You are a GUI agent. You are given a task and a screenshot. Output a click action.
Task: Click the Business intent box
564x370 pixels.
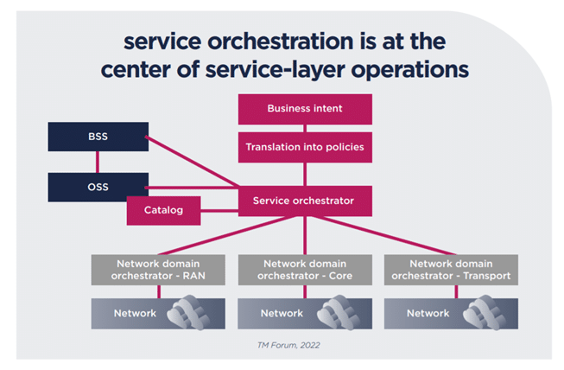pyautogui.click(x=304, y=109)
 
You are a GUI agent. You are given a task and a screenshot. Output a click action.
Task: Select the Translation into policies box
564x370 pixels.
pyautogui.click(x=304, y=147)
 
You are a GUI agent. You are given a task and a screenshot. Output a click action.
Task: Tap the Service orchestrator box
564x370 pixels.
pyautogui.click(x=304, y=201)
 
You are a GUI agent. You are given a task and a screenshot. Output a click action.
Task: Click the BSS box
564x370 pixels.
pyautogui.click(x=97, y=137)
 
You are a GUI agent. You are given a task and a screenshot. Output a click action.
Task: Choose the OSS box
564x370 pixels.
pyautogui.click(x=97, y=187)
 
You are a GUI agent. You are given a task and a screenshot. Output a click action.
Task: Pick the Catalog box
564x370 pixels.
pyautogui.click(x=163, y=210)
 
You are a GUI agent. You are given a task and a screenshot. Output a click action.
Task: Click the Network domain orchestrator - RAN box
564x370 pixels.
pyautogui.click(x=158, y=270)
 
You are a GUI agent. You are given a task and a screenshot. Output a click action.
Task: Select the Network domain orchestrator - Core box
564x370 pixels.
pyautogui.click(x=304, y=270)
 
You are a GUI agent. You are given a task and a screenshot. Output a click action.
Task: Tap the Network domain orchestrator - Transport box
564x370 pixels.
pyautogui.click(x=451, y=270)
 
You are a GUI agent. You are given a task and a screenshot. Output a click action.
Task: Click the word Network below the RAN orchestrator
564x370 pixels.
pyautogui.click(x=135, y=313)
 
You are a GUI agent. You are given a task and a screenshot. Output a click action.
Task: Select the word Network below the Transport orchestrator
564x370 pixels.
pyautogui.click(x=428, y=313)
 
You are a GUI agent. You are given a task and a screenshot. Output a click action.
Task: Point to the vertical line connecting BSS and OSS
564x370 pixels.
pyautogui.click(x=97, y=163)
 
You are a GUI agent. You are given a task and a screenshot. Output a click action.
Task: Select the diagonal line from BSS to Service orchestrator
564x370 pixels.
pyautogui.click(x=192, y=161)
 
